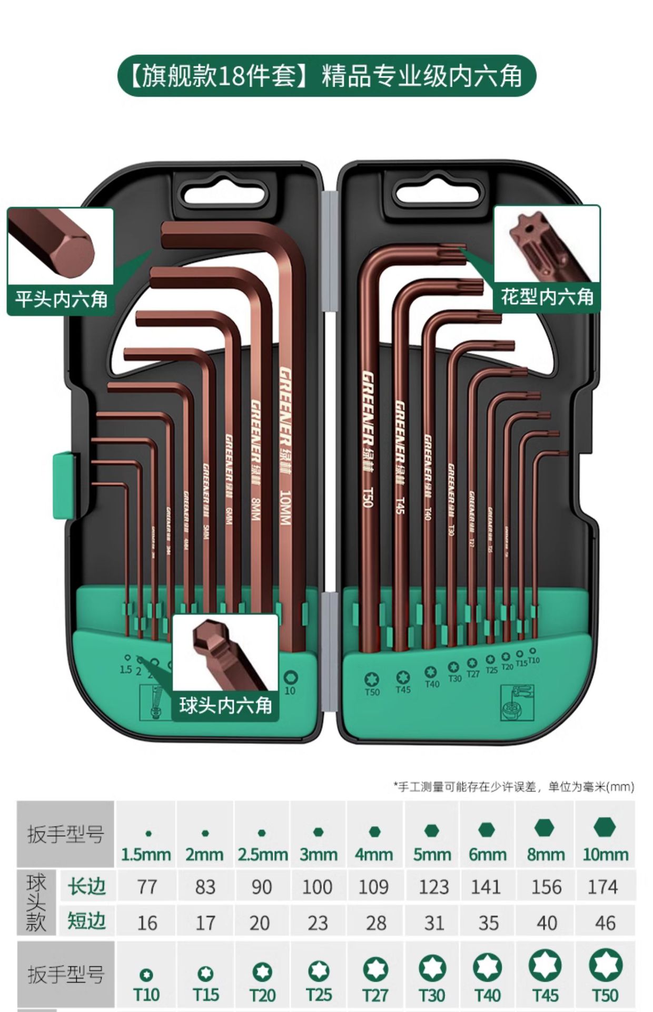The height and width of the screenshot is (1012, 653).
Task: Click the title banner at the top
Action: pyautogui.click(x=326, y=76)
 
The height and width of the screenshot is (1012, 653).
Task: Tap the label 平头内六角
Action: pyautogui.click(x=61, y=299)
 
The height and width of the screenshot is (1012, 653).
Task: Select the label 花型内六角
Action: pyautogui.click(x=547, y=297)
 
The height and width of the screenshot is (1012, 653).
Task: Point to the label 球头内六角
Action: pyautogui.click(x=225, y=705)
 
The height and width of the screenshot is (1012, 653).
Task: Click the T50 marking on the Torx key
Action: pyautogui.click(x=368, y=497)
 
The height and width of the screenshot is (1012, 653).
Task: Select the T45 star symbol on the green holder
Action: pyautogui.click(x=403, y=677)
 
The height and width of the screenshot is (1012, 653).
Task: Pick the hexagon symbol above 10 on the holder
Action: pyautogui.click(x=290, y=677)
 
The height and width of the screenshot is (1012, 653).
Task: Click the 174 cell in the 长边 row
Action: pyautogui.click(x=603, y=887)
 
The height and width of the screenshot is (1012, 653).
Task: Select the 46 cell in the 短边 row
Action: pyautogui.click(x=605, y=923)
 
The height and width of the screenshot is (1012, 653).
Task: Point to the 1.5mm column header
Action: pyautogui.click(x=146, y=854)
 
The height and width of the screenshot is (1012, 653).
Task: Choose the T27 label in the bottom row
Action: pyautogui.click(x=375, y=995)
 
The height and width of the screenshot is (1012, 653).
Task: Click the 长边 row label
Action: pyautogui.click(x=87, y=887)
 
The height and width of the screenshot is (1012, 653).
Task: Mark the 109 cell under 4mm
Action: pyautogui.click(x=373, y=887)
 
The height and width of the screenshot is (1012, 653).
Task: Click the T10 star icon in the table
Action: pyautogui.click(x=146, y=975)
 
